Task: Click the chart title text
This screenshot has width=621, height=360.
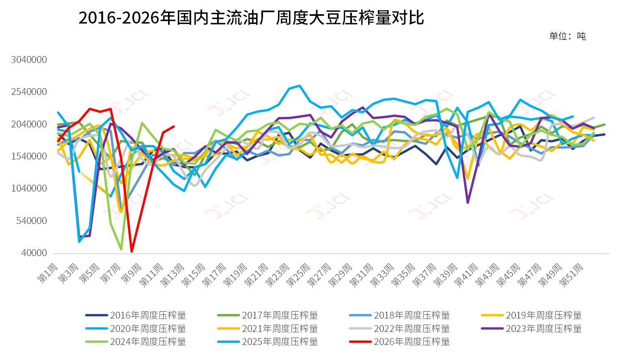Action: coord(251,18)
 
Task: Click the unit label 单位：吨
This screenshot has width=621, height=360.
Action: coord(567,36)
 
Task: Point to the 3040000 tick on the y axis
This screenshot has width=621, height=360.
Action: coord(29,60)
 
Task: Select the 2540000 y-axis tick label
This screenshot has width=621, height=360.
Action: coord(29,92)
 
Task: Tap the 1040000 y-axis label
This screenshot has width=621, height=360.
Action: coord(29,188)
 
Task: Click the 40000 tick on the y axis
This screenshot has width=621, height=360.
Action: coord(34,253)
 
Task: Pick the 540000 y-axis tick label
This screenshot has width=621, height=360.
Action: coord(32,221)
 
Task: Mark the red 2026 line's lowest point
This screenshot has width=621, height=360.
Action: coord(132,251)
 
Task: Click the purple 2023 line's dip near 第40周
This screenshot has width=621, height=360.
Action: coord(468,203)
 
